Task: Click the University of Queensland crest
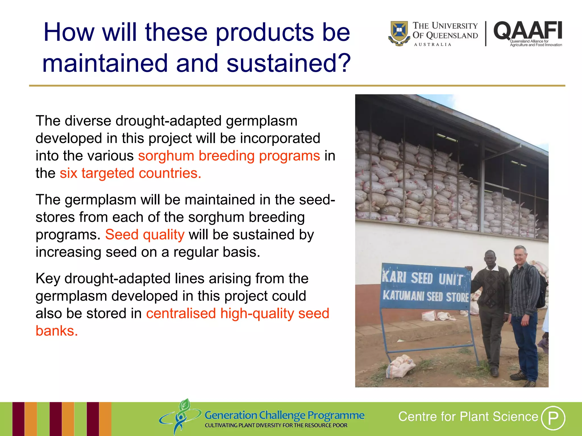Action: (399, 33)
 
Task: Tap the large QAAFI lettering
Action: (528, 31)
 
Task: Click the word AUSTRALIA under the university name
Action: (433, 45)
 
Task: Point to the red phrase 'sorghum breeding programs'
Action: (229, 156)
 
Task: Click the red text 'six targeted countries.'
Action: (130, 173)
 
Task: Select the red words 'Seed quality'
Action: (145, 235)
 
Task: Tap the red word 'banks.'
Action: (57, 331)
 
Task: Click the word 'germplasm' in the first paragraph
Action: (261, 121)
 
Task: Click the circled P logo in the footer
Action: (553, 418)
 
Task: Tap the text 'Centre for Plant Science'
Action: (468, 417)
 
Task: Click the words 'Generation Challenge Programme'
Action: (284, 415)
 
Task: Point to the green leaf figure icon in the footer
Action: (181, 416)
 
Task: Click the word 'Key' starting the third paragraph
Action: (47, 279)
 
